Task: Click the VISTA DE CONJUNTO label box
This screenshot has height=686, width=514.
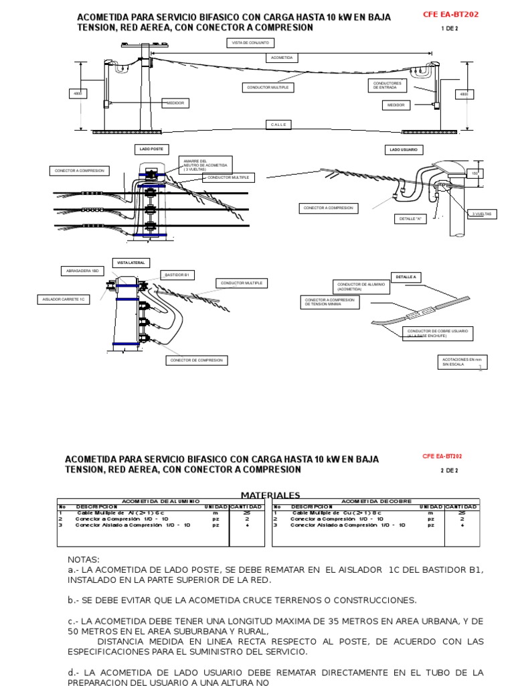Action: point(250,43)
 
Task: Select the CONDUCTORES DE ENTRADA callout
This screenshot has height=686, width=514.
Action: point(387,85)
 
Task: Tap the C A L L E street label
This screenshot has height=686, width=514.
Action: point(278,125)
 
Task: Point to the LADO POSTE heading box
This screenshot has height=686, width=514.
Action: point(151,149)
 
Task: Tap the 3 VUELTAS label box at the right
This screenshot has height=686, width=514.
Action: point(482,214)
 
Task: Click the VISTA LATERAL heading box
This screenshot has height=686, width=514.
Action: point(130,263)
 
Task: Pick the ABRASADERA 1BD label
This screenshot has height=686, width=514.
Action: point(81,271)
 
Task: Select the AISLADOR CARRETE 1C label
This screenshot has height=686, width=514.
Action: point(64,299)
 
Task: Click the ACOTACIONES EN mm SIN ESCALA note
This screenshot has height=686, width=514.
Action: point(461,362)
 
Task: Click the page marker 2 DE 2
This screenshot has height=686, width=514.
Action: point(448,470)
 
